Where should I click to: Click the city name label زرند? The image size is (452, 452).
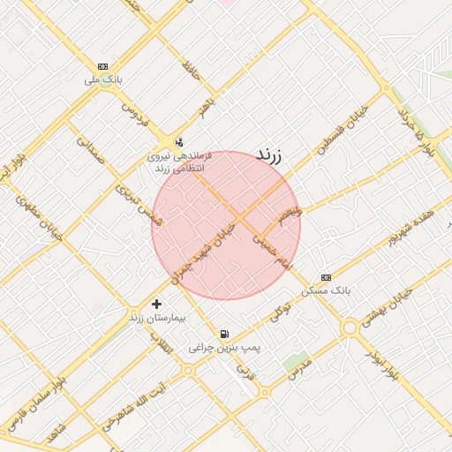268,154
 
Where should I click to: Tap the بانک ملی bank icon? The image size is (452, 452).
103,66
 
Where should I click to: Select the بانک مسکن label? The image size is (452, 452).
326,290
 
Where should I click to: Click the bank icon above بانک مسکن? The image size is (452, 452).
326,277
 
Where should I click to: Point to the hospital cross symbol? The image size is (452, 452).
156,304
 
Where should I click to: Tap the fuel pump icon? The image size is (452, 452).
225,335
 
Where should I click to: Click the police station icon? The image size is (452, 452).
180,141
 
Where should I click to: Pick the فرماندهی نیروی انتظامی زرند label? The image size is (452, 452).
179,162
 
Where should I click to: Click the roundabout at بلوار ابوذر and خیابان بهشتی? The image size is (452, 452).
350,327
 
